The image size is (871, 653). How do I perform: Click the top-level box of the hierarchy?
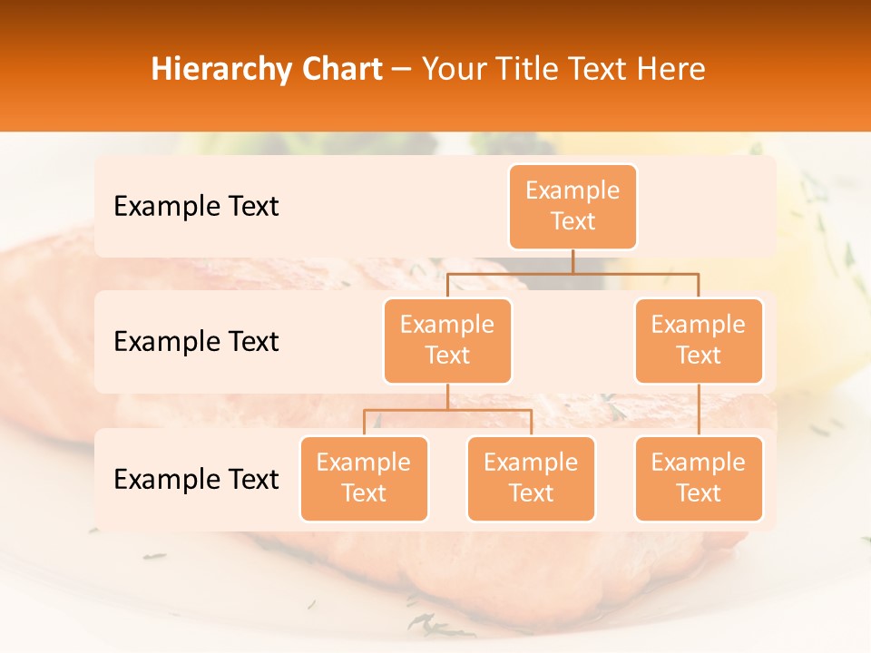click(573, 206)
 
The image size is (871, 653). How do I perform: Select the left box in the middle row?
click(447, 340)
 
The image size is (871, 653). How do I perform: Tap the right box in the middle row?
click(699, 340)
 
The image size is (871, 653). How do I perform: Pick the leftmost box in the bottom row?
click(364, 478)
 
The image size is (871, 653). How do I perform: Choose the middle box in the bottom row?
click(531, 478)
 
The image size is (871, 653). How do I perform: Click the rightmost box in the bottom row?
click(699, 478)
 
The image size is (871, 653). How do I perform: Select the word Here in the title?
click(674, 69)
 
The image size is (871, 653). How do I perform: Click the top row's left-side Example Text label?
click(196, 206)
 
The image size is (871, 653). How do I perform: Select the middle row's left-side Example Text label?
click(196, 341)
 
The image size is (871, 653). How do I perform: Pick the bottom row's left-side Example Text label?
click(196, 479)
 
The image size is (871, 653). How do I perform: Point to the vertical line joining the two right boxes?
click(699, 410)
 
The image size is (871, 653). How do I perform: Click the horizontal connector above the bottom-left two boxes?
click(447, 410)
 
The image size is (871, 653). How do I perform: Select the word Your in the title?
click(454, 69)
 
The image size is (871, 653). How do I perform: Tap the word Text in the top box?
click(573, 221)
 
